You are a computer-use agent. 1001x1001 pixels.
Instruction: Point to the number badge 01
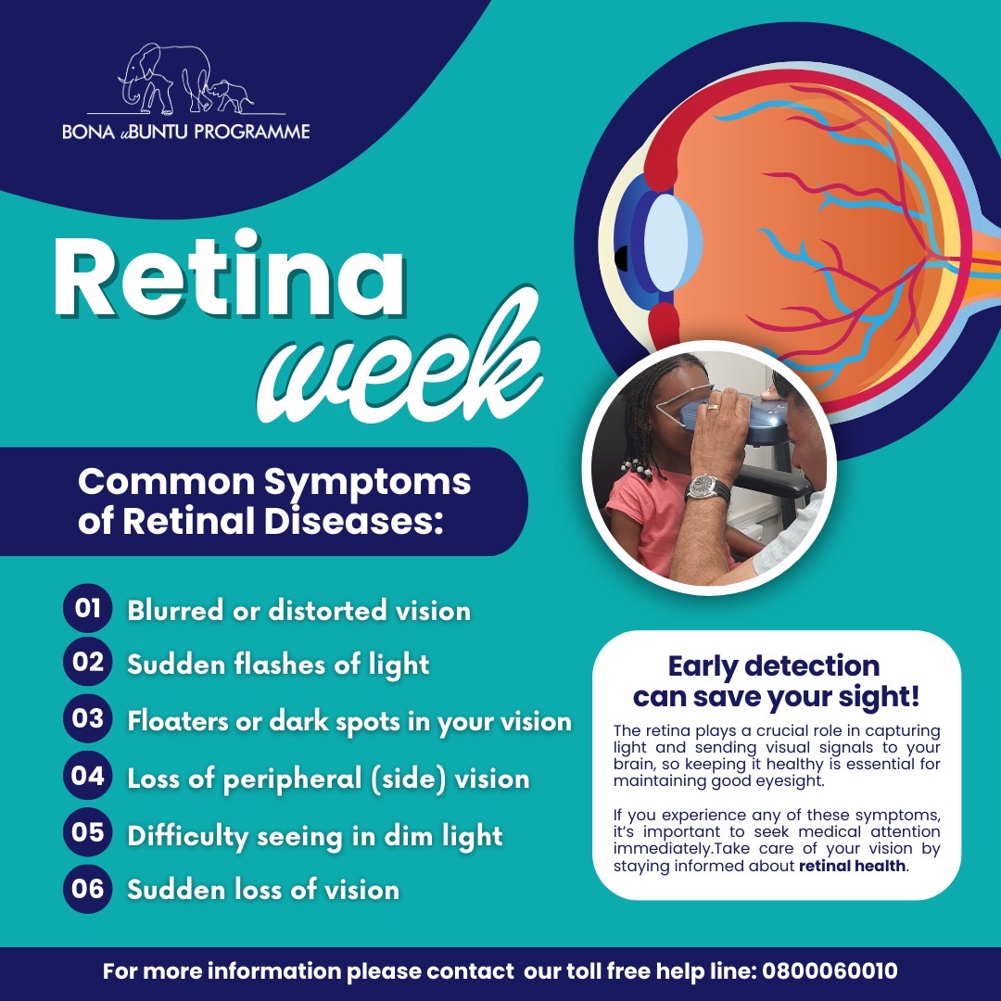click(x=87, y=608)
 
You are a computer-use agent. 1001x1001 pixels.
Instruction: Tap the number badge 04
click(x=87, y=777)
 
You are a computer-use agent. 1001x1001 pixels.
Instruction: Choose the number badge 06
click(x=87, y=889)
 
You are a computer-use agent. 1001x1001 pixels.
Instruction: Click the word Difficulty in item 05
click(x=187, y=836)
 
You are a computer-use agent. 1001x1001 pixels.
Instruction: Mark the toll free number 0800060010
click(x=830, y=971)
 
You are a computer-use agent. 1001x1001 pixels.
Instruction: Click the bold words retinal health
click(x=852, y=866)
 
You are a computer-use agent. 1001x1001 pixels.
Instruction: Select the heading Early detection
click(x=774, y=665)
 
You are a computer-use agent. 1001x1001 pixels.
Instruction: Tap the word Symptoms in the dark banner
click(x=367, y=483)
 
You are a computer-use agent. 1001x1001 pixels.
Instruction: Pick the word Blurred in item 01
click(x=173, y=610)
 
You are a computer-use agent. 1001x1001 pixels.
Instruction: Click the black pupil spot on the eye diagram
click(x=620, y=258)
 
